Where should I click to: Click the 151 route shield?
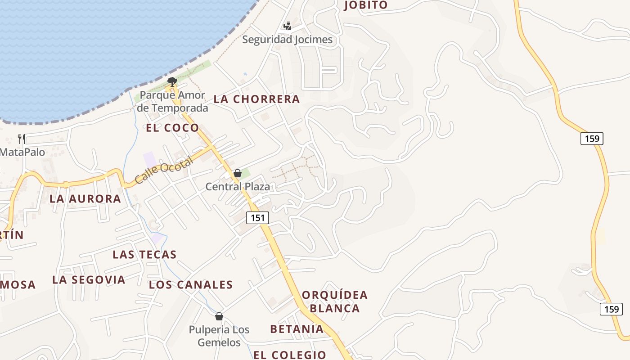[x=257, y=218]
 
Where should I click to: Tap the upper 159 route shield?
[x=592, y=139]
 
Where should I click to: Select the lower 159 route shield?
[x=611, y=309]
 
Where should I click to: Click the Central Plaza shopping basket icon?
[x=238, y=173]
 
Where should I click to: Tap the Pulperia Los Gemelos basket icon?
[x=219, y=316]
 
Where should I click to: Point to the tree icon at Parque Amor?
[x=171, y=81]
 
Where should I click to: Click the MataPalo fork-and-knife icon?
[x=22, y=139]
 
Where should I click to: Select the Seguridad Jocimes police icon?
[x=287, y=26]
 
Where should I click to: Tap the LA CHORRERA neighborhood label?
[x=256, y=99]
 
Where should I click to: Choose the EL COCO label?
[x=172, y=128]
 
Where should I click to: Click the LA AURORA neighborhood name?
[x=85, y=198]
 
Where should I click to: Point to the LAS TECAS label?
[x=144, y=255]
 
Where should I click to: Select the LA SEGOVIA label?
[x=89, y=279]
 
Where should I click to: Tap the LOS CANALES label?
[x=191, y=284]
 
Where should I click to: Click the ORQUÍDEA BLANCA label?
[x=335, y=301]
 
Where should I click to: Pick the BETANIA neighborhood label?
[x=297, y=329]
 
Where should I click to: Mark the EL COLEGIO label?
[x=290, y=355]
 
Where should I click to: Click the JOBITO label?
[x=365, y=5]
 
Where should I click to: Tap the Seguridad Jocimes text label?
[x=288, y=40]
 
